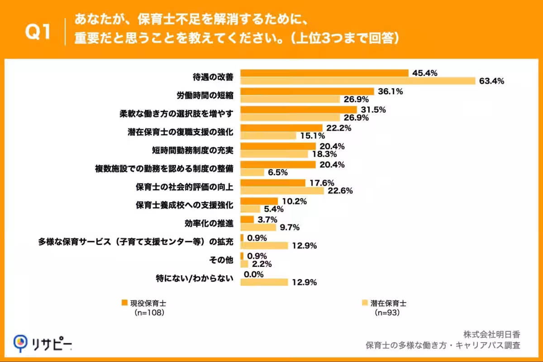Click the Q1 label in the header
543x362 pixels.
point(37,32)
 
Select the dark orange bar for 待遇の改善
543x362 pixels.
point(324,73)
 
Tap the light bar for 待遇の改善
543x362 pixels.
point(357,81)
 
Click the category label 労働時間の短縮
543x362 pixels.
point(205,95)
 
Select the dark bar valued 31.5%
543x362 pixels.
point(299,110)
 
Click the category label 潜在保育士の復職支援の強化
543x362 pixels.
point(180,132)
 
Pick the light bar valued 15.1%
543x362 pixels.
point(268,136)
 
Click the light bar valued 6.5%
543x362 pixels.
point(252,172)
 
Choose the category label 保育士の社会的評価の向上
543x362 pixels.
point(184,187)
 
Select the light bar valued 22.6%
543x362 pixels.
point(282,191)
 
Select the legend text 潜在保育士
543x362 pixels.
point(385,303)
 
